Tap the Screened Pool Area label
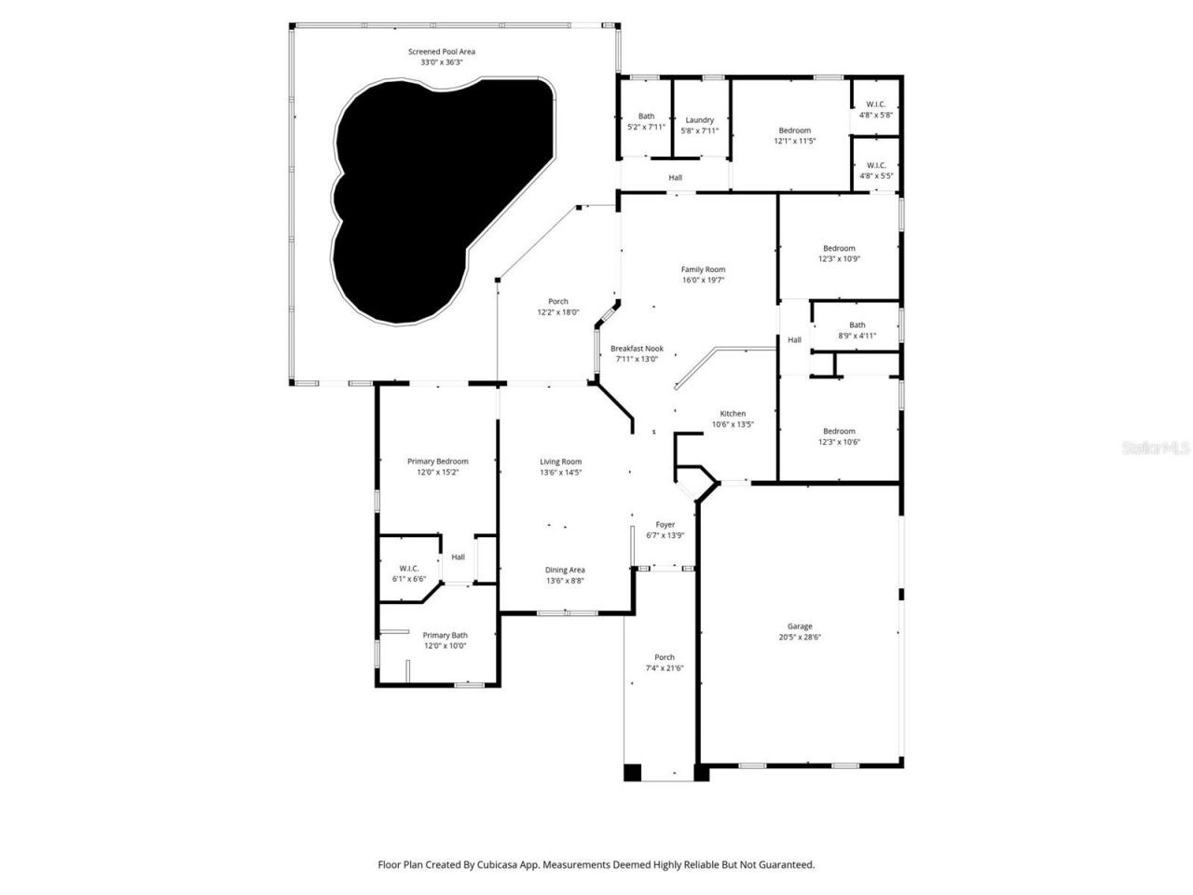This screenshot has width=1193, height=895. (441, 51)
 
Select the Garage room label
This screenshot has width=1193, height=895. (800, 626)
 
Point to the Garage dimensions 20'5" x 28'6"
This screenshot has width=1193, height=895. (800, 639)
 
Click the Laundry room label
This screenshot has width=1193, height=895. (699, 119)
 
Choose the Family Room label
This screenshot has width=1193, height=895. (703, 269)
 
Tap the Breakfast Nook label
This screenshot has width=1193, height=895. (637, 348)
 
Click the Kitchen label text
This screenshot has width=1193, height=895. (733, 413)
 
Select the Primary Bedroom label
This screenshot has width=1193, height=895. (437, 461)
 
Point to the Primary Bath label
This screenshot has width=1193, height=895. (445, 635)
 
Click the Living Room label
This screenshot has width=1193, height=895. (560, 461)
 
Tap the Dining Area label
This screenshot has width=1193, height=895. (565, 570)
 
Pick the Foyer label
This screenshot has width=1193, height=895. (665, 524)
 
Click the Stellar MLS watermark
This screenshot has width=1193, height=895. (1155, 448)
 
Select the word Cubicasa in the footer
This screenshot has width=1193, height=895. (499, 865)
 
